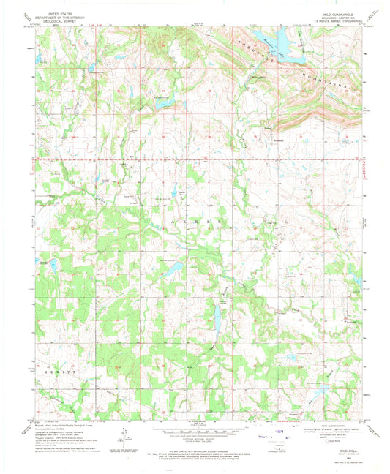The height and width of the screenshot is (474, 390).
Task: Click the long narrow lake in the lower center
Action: point(217,315)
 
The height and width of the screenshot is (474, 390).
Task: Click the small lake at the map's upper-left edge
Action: point(42,61)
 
